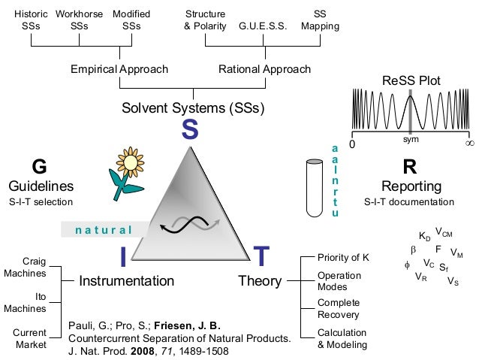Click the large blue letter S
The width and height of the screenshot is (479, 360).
pos(190,131)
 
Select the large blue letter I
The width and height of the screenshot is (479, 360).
pos(122,257)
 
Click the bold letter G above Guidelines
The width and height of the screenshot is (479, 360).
pos(40,167)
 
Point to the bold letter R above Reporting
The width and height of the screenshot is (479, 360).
pos(409,167)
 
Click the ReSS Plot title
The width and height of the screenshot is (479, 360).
pos(411,80)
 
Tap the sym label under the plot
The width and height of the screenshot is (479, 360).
pos(411,141)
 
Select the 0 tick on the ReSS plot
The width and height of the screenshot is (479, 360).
pos(352,142)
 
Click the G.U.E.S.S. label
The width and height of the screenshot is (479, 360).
pos(263,26)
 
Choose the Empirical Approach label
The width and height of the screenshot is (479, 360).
pos(119,69)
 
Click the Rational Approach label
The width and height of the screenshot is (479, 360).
pos(264,69)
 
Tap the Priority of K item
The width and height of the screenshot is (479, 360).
pos(343,257)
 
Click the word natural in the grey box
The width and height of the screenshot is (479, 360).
pos(104,230)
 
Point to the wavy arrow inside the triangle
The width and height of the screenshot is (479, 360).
pos(194,223)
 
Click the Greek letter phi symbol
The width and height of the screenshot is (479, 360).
pos(407,265)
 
